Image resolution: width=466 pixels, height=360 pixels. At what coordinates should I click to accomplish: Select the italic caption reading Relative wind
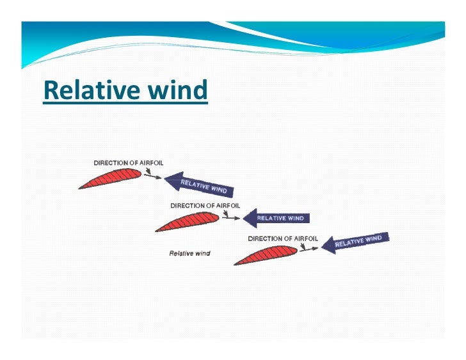pyautogui.click(x=189, y=253)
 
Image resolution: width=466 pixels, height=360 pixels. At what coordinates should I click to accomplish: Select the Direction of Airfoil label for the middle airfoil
pyautogui.click(x=205, y=206)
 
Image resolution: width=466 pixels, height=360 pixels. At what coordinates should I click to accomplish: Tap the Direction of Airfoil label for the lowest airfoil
pyautogui.click(x=282, y=239)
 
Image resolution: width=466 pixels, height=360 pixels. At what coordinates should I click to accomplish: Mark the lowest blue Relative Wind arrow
pyautogui.click(x=355, y=242)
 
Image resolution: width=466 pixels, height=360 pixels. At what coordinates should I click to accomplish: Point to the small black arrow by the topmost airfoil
pyautogui.click(x=152, y=176)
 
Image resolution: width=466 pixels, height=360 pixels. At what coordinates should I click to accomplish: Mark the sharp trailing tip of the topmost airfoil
pyautogui.click(x=80, y=187)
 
